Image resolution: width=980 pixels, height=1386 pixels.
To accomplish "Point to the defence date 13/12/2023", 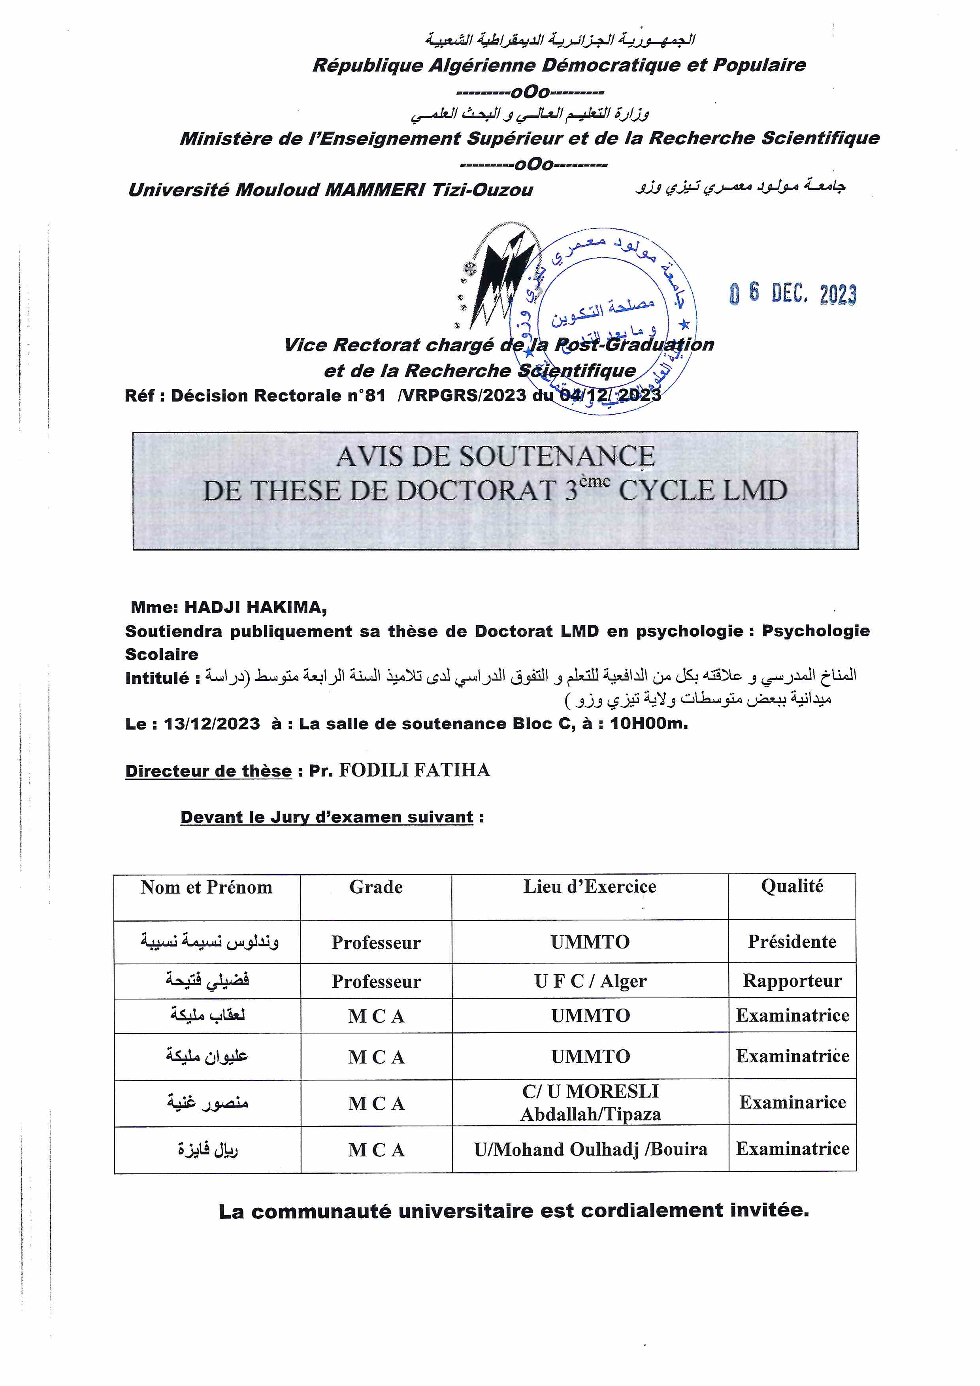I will click(x=212, y=723).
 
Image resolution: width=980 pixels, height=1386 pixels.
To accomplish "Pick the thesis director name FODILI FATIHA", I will click(x=414, y=770).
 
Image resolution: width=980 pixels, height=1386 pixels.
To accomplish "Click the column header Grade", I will click(x=375, y=887).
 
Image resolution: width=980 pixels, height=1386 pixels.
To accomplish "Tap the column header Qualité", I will click(x=792, y=886).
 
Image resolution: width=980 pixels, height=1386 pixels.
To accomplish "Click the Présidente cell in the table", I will click(x=792, y=942).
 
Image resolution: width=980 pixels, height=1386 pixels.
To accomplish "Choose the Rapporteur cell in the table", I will click(x=792, y=981).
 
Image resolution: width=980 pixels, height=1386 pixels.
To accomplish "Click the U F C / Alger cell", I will click(x=590, y=981).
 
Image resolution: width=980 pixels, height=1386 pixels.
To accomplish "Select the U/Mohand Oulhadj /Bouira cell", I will click(x=590, y=1149).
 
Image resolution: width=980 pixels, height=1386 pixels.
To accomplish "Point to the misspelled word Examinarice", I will click(x=792, y=1102).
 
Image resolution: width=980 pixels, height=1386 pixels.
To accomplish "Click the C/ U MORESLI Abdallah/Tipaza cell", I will click(x=590, y=1102).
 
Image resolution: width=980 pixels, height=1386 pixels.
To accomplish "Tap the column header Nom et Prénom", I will click(x=206, y=887).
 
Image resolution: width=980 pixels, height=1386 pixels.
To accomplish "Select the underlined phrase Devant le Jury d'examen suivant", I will click(x=326, y=817).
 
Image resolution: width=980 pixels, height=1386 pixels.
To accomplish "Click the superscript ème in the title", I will click(x=595, y=481).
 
